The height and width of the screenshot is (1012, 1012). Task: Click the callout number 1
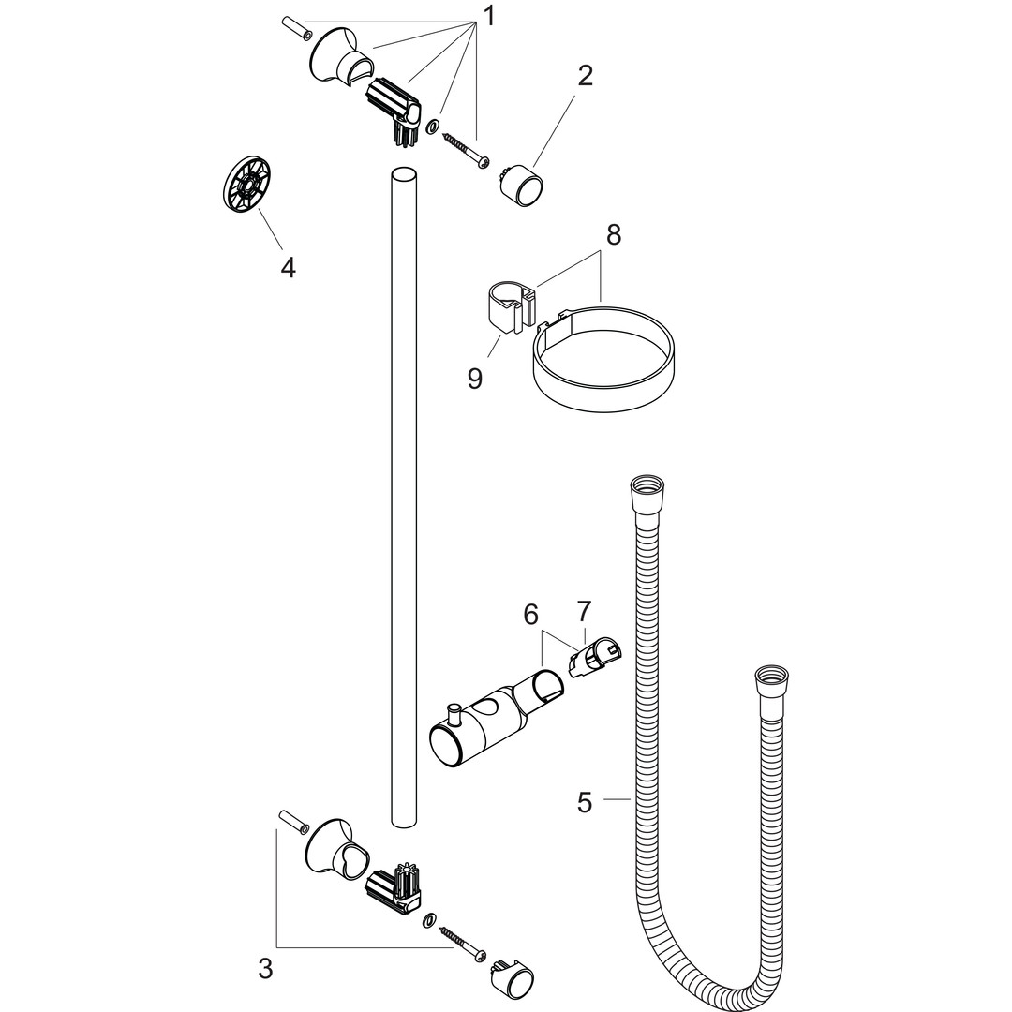[489, 17]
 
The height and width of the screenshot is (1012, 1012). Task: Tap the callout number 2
[585, 76]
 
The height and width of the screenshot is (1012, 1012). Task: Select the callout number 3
[265, 969]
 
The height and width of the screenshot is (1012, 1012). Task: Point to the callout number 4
[288, 267]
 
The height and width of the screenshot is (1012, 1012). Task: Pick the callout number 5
[585, 803]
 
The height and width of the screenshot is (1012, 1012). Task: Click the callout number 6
[530, 615]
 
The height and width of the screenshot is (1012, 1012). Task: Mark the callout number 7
[584, 610]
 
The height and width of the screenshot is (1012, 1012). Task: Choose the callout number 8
[613, 235]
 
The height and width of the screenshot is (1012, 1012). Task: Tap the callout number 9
[475, 379]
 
